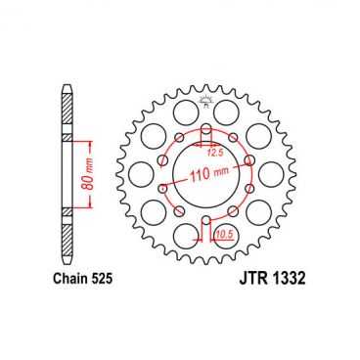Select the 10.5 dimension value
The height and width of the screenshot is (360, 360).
pos(223,235)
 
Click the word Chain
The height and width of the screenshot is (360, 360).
pos(64,280)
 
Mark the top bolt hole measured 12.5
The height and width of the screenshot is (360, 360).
pos(206,130)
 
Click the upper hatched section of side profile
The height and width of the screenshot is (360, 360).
pos(67,118)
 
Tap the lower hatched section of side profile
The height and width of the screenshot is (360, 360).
pos(67,235)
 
